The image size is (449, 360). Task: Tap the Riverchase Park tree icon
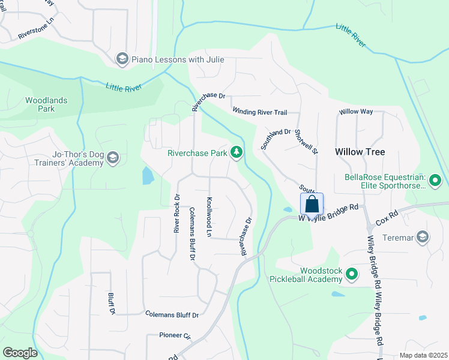coord(237,153)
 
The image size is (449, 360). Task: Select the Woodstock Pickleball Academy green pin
coord(351,275)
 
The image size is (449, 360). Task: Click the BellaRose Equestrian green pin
coord(436,179)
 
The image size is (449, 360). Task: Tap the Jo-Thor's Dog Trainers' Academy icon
coord(113,158)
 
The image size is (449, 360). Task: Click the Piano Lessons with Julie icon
coord(122,59)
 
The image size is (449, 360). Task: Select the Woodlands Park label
coord(46,104)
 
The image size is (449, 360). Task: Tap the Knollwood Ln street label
coord(209,216)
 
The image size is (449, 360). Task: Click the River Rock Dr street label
coord(177,213)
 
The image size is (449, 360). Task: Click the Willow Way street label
coord(356,112)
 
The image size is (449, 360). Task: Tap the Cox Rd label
coord(387,214)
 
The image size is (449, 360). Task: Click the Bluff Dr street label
coord(112,304)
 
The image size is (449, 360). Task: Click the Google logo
coord(20,352)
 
